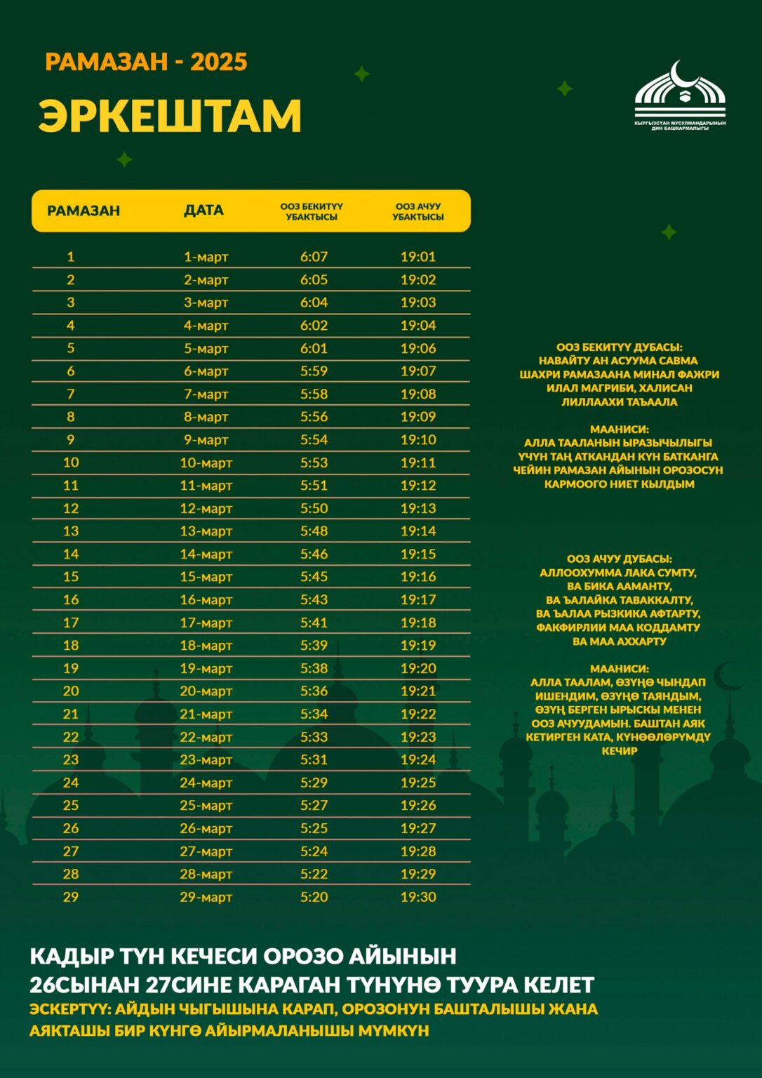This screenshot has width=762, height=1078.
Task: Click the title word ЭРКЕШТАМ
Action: point(170,116)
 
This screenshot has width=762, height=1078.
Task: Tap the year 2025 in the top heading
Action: point(219,62)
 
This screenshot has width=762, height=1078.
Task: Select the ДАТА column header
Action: point(203,211)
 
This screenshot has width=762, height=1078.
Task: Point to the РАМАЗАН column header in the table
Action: point(83,211)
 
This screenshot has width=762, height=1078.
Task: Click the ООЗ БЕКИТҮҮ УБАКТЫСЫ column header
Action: point(312,211)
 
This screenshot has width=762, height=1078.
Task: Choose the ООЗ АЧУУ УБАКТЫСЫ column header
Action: point(418,211)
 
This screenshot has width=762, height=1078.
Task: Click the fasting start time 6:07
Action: point(314,257)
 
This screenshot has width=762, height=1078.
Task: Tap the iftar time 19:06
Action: point(418,348)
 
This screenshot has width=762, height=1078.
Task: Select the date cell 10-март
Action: point(206,463)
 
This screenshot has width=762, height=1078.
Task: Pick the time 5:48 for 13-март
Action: point(314,531)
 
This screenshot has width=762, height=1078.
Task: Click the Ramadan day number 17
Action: point(71,623)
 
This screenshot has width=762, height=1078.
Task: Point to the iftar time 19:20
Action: point(418,668)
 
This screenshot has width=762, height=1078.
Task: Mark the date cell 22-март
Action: point(206,737)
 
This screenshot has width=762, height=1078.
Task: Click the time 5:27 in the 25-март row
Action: point(314,805)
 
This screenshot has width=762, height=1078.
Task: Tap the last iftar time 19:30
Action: point(418,897)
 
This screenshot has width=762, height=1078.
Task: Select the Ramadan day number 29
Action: point(71,897)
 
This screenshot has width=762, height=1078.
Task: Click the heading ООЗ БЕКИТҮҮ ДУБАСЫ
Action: point(619,347)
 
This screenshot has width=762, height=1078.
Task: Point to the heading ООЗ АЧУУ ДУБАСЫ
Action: point(619,559)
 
